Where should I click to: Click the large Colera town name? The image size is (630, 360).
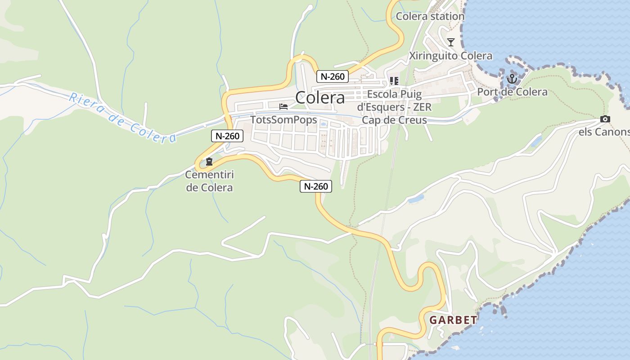[320, 98]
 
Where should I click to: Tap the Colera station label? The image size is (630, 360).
[430, 16]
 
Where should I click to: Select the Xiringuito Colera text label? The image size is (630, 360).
[450, 56]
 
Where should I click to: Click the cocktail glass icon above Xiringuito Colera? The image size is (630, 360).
[450, 42]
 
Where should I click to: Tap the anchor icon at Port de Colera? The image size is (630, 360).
[512, 80]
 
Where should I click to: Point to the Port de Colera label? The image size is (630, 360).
[512, 92]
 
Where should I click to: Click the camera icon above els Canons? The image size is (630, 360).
[605, 119]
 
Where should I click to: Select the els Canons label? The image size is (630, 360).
[604, 132]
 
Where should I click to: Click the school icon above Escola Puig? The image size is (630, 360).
[394, 81]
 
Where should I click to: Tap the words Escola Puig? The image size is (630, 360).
[394, 94]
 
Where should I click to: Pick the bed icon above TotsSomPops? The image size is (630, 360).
[283, 107]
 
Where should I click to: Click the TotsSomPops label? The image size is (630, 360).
[283, 120]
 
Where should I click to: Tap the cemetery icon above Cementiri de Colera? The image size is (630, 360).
[209, 162]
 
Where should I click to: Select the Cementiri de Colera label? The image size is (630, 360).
[210, 181]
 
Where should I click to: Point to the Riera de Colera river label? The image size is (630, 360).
[121, 117]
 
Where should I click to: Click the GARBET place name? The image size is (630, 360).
[453, 320]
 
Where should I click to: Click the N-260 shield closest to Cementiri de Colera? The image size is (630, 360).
[227, 136]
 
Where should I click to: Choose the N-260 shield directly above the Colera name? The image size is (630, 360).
[333, 76]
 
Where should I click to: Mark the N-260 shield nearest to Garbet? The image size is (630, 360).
[316, 186]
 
